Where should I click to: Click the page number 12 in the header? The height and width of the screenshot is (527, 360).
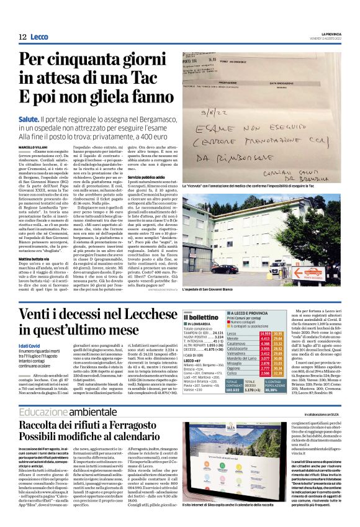tap(22, 37)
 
